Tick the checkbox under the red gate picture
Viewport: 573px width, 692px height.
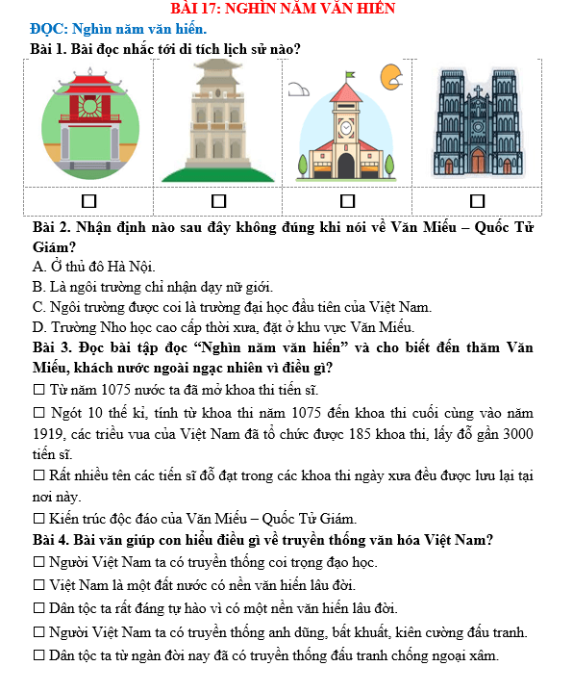pyautogui.click(x=89, y=201)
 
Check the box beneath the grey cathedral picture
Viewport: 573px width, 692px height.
pyautogui.click(x=477, y=201)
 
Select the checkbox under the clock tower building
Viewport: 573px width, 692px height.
pyautogui.click(x=347, y=201)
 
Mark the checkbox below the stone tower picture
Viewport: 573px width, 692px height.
pyautogui.click(x=219, y=201)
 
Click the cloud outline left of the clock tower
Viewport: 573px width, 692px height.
pyautogui.click(x=299, y=90)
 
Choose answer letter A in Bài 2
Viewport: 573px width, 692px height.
pyautogui.click(x=37, y=267)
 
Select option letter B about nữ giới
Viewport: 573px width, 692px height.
pyautogui.click(x=37, y=287)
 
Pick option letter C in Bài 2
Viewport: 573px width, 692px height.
pyautogui.click(x=37, y=307)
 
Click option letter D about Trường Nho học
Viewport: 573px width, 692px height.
pyautogui.click(x=37, y=327)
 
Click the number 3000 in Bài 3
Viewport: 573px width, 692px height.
pyautogui.click(x=514, y=434)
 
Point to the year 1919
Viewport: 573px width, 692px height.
pyautogui.click(x=50, y=434)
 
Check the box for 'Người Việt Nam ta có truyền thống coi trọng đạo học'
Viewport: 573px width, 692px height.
pyautogui.click(x=39, y=562)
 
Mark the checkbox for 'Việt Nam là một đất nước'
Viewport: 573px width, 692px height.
pyautogui.click(x=39, y=584)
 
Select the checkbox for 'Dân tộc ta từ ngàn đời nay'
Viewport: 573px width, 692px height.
pyautogui.click(x=39, y=655)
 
